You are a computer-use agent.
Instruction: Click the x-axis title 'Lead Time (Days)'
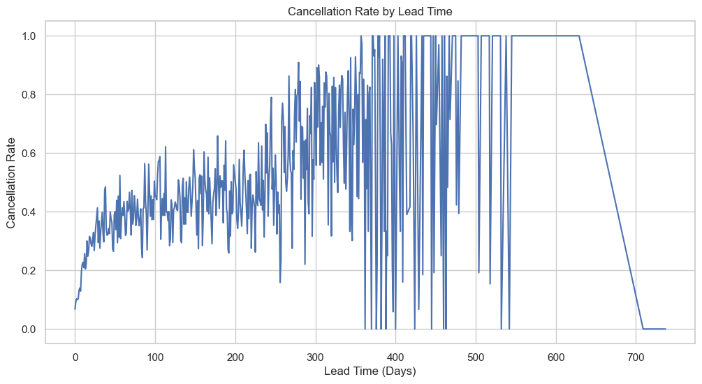(370, 371)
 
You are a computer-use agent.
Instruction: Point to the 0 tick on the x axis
(75, 354)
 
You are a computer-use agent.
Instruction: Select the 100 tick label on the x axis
(155, 354)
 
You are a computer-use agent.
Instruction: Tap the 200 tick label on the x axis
(235, 354)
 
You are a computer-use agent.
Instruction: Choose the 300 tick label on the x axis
(316, 354)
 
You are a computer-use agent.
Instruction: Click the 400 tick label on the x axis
(396, 354)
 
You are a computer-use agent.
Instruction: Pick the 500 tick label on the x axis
(476, 354)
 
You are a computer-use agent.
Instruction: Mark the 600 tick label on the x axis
(557, 354)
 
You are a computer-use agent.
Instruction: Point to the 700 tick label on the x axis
(636, 354)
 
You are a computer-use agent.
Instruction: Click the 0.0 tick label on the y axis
(29, 330)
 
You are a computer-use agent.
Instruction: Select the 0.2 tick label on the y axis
(29, 271)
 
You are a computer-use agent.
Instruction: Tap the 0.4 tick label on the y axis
(29, 212)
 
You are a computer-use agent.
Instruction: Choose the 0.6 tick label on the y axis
(29, 154)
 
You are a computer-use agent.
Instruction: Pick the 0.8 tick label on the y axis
(29, 95)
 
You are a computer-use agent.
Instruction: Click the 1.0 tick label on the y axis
(29, 36)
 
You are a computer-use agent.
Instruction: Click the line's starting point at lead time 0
(75, 309)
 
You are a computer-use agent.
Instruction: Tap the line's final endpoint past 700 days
(666, 329)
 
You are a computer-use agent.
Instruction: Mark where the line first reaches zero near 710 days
(643, 329)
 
